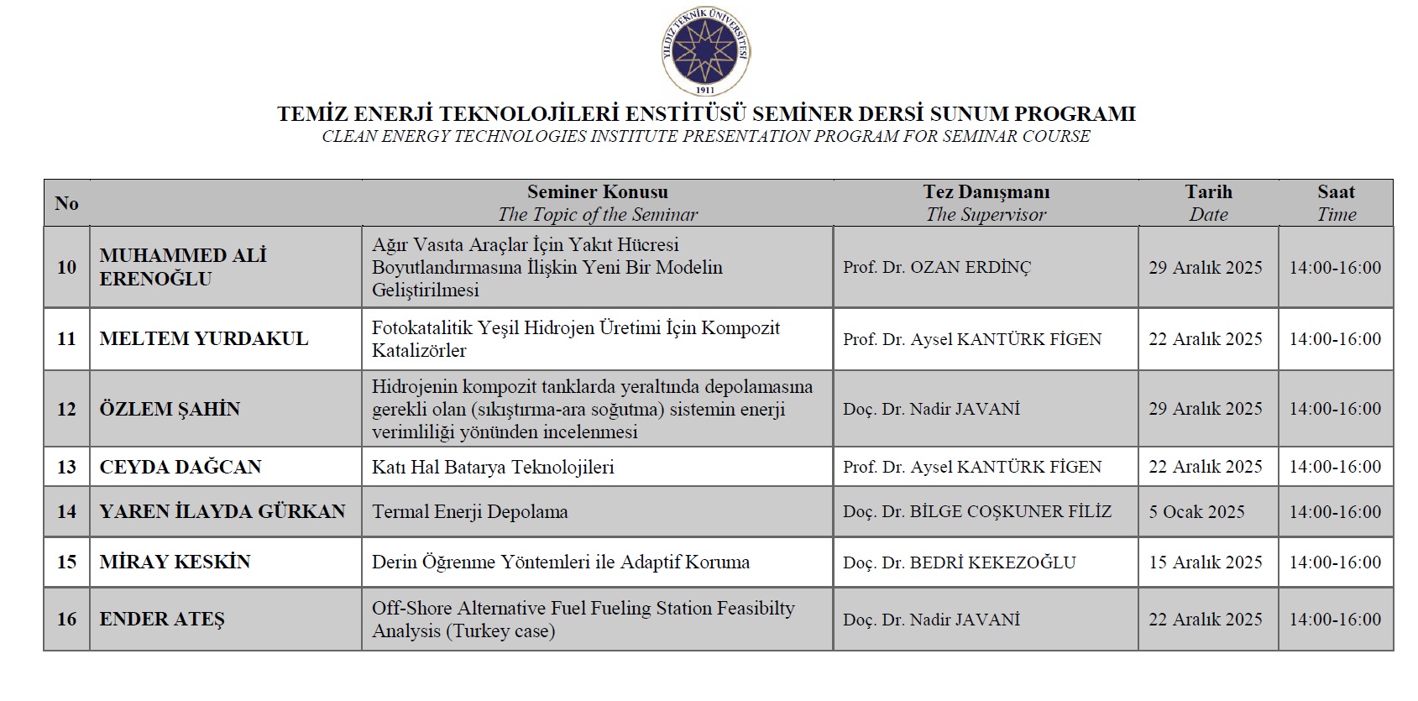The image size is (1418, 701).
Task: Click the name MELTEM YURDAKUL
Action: pos(204,338)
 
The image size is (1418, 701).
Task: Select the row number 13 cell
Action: pos(66,467)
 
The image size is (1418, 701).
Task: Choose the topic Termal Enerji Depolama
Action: pos(470,511)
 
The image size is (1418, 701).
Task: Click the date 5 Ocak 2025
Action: pos(1196,511)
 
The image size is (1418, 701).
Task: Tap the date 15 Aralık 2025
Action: pos(1205,562)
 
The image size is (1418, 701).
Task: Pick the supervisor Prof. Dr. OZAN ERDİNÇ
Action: pos(937,267)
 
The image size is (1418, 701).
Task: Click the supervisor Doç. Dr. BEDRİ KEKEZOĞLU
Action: pos(959,562)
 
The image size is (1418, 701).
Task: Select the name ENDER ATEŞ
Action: pos(162,619)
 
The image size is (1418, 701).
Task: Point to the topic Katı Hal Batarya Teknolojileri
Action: pos(493,467)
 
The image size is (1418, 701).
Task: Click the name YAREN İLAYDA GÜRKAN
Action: pos(222,511)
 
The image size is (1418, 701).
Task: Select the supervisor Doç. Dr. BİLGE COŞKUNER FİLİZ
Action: pos(976,511)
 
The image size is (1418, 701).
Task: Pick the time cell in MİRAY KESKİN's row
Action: pos(1335,562)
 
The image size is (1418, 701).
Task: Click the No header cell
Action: pos(66,203)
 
